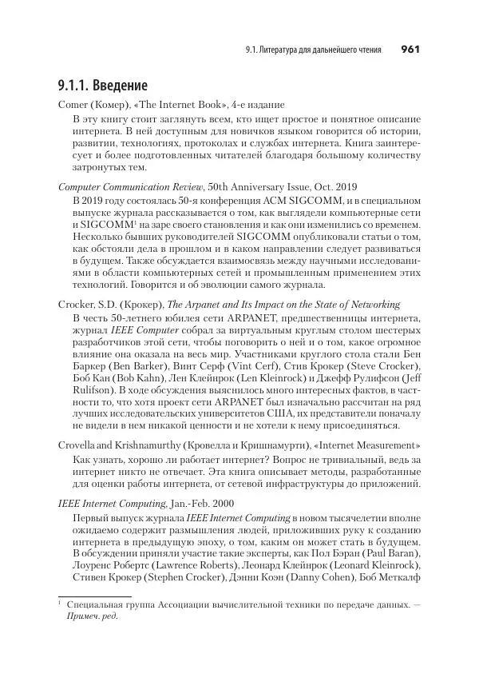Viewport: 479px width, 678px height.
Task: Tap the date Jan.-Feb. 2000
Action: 212,505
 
